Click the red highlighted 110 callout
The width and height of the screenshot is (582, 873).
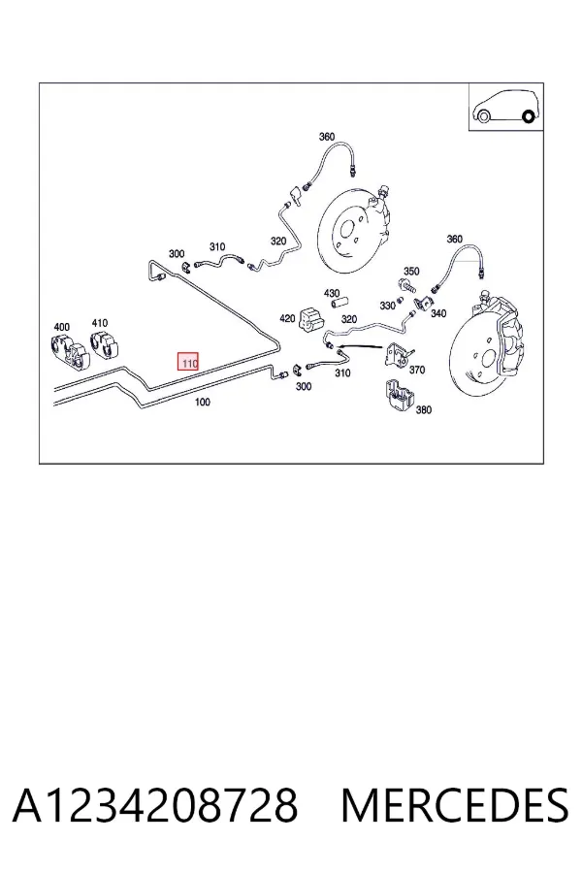[188, 363]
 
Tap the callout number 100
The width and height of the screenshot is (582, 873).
[203, 402]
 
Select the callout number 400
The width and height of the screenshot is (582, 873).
[61, 327]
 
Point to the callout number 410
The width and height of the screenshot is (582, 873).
[100, 323]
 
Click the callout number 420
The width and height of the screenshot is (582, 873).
[287, 318]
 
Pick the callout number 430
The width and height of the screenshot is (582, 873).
[332, 293]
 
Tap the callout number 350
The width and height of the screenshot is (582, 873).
[411, 272]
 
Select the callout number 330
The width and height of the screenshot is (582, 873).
[388, 306]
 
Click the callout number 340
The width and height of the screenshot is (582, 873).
[438, 313]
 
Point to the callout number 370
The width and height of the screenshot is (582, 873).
[416, 370]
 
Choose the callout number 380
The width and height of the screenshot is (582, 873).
[423, 409]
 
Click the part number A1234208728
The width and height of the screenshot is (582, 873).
[155, 805]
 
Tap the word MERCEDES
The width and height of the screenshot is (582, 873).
[455, 805]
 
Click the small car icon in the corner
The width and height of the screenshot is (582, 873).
[505, 108]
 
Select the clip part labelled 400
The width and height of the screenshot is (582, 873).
[69, 351]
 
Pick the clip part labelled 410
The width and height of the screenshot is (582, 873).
[106, 343]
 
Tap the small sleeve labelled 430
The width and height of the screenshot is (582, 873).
[340, 304]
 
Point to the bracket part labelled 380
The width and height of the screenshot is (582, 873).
[400, 396]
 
